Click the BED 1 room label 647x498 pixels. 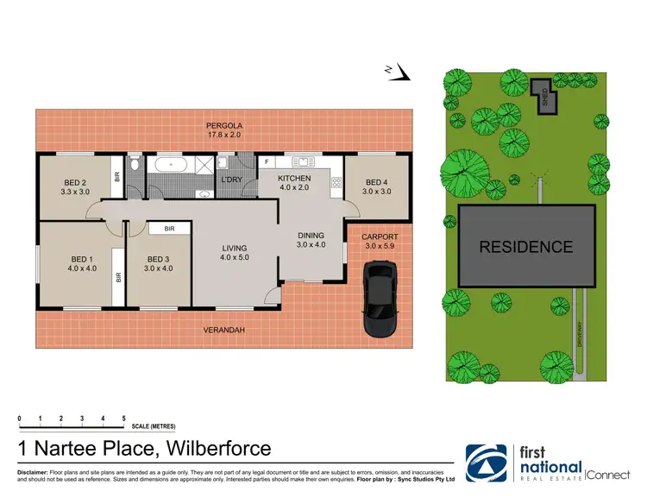(x=83, y=258)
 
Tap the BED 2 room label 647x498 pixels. (x=76, y=181)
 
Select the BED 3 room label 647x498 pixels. (x=160, y=260)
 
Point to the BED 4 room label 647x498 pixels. (x=377, y=182)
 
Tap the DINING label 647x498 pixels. (x=311, y=235)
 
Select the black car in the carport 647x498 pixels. (x=379, y=299)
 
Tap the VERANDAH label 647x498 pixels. (x=222, y=330)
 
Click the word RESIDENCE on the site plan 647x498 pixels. (x=525, y=247)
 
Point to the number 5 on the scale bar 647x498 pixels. (x=123, y=419)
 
